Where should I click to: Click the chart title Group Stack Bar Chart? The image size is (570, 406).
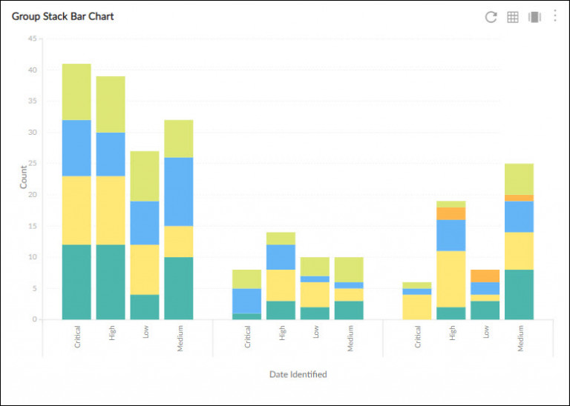click(x=63, y=16)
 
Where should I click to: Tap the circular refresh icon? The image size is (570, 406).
click(x=491, y=17)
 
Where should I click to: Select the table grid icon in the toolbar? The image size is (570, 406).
click(x=512, y=17)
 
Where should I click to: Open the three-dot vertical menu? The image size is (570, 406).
click(x=554, y=16)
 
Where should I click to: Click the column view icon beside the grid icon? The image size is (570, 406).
click(x=534, y=17)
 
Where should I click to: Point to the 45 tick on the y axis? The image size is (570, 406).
click(x=32, y=39)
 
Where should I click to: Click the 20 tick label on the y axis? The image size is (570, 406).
click(x=32, y=195)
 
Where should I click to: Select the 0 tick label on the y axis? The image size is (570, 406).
click(x=34, y=319)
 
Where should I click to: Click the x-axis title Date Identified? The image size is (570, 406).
click(x=298, y=374)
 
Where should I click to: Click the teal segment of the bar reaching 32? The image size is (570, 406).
click(x=179, y=288)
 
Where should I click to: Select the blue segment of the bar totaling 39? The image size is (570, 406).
click(x=111, y=154)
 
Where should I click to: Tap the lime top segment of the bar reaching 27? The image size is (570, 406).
click(x=145, y=176)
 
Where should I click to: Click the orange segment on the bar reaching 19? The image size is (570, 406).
click(x=451, y=213)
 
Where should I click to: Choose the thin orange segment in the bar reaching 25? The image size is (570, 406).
click(x=520, y=198)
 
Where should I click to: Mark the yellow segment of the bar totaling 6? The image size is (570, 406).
click(x=417, y=307)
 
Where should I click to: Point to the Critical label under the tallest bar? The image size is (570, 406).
click(x=77, y=338)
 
